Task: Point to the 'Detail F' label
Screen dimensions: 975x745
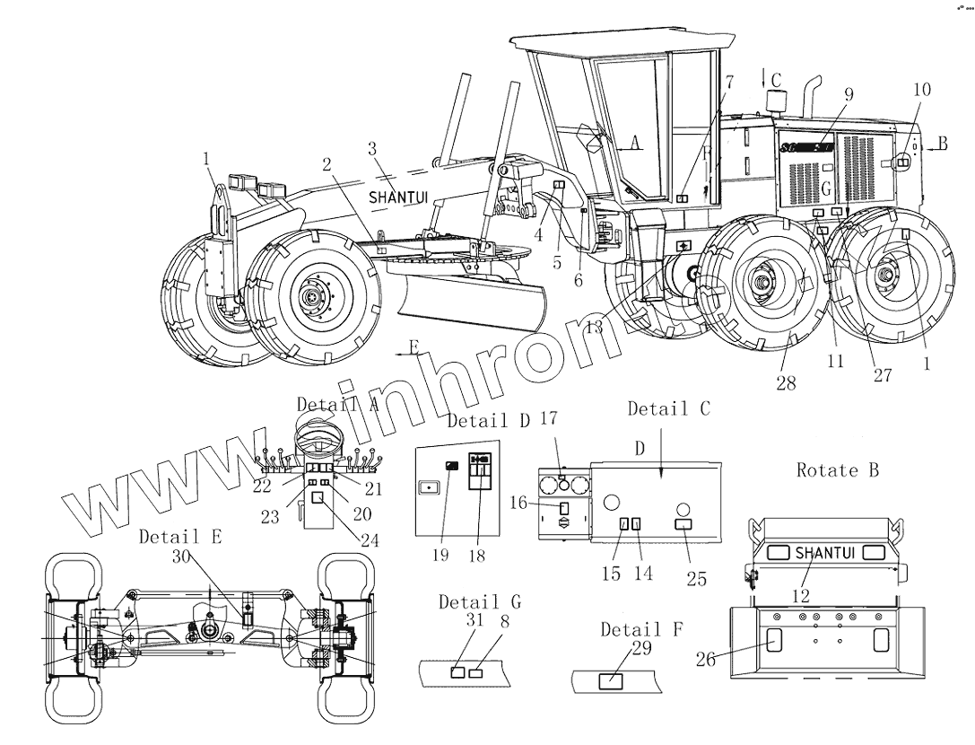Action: (x=640, y=629)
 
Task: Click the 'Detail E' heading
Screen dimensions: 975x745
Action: (x=180, y=537)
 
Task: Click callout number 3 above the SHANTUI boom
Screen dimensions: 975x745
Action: (x=371, y=148)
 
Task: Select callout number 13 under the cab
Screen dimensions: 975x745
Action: (x=593, y=328)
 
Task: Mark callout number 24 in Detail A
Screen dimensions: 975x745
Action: (x=370, y=540)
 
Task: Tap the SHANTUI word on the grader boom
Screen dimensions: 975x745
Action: (x=399, y=194)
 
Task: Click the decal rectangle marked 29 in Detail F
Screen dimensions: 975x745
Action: (x=612, y=679)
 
